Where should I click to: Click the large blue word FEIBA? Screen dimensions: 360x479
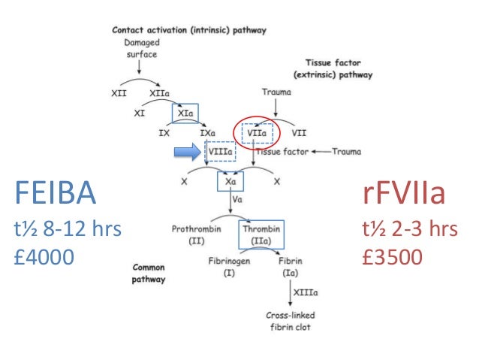pyautogui.click(x=55, y=195)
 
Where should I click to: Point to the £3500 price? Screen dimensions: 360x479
pyautogui.click(x=392, y=257)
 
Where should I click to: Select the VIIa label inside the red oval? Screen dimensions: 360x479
pyautogui.click(x=255, y=133)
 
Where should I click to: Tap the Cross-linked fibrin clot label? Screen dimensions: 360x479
pyautogui.click(x=290, y=322)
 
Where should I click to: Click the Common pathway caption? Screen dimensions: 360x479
pyautogui.click(x=149, y=273)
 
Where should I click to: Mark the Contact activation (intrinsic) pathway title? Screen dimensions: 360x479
pyautogui.click(x=188, y=31)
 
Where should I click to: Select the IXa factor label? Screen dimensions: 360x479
pyautogui.click(x=209, y=133)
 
